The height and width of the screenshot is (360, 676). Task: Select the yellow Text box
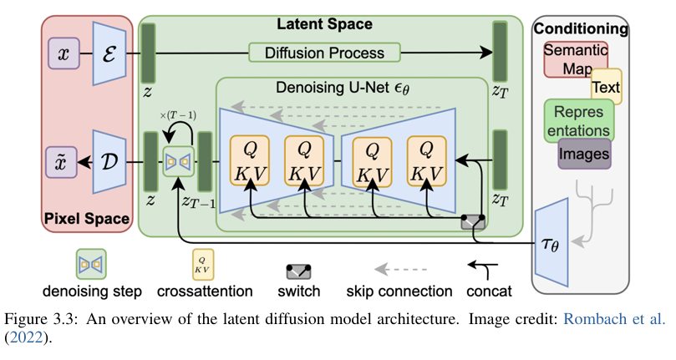point(606,87)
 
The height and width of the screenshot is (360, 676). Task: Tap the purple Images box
point(585,154)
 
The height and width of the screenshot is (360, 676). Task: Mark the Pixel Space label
point(88,221)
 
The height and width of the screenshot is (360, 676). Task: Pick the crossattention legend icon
point(202,264)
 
